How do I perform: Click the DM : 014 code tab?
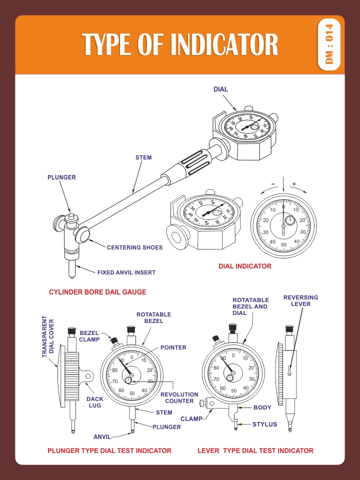click(x=329, y=43)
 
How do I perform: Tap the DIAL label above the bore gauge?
click(x=220, y=89)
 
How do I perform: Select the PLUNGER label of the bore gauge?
click(x=61, y=177)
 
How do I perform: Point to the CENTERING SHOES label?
click(x=134, y=247)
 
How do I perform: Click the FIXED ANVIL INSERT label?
click(x=126, y=272)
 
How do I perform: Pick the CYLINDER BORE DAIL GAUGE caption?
click(x=97, y=291)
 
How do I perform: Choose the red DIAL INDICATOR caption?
click(x=245, y=266)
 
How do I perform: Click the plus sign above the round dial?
click(x=294, y=184)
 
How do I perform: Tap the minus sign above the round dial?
click(x=273, y=184)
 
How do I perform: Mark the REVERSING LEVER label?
click(x=300, y=300)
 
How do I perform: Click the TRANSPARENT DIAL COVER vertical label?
click(x=47, y=336)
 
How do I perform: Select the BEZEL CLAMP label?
click(x=89, y=336)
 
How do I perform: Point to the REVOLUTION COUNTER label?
click(x=179, y=397)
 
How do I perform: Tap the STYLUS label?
click(x=264, y=424)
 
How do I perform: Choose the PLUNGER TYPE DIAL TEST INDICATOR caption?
click(x=109, y=450)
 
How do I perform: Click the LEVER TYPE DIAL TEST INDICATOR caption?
click(x=255, y=450)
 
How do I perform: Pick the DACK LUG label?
click(x=94, y=402)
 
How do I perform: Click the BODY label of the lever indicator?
click(x=262, y=407)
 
